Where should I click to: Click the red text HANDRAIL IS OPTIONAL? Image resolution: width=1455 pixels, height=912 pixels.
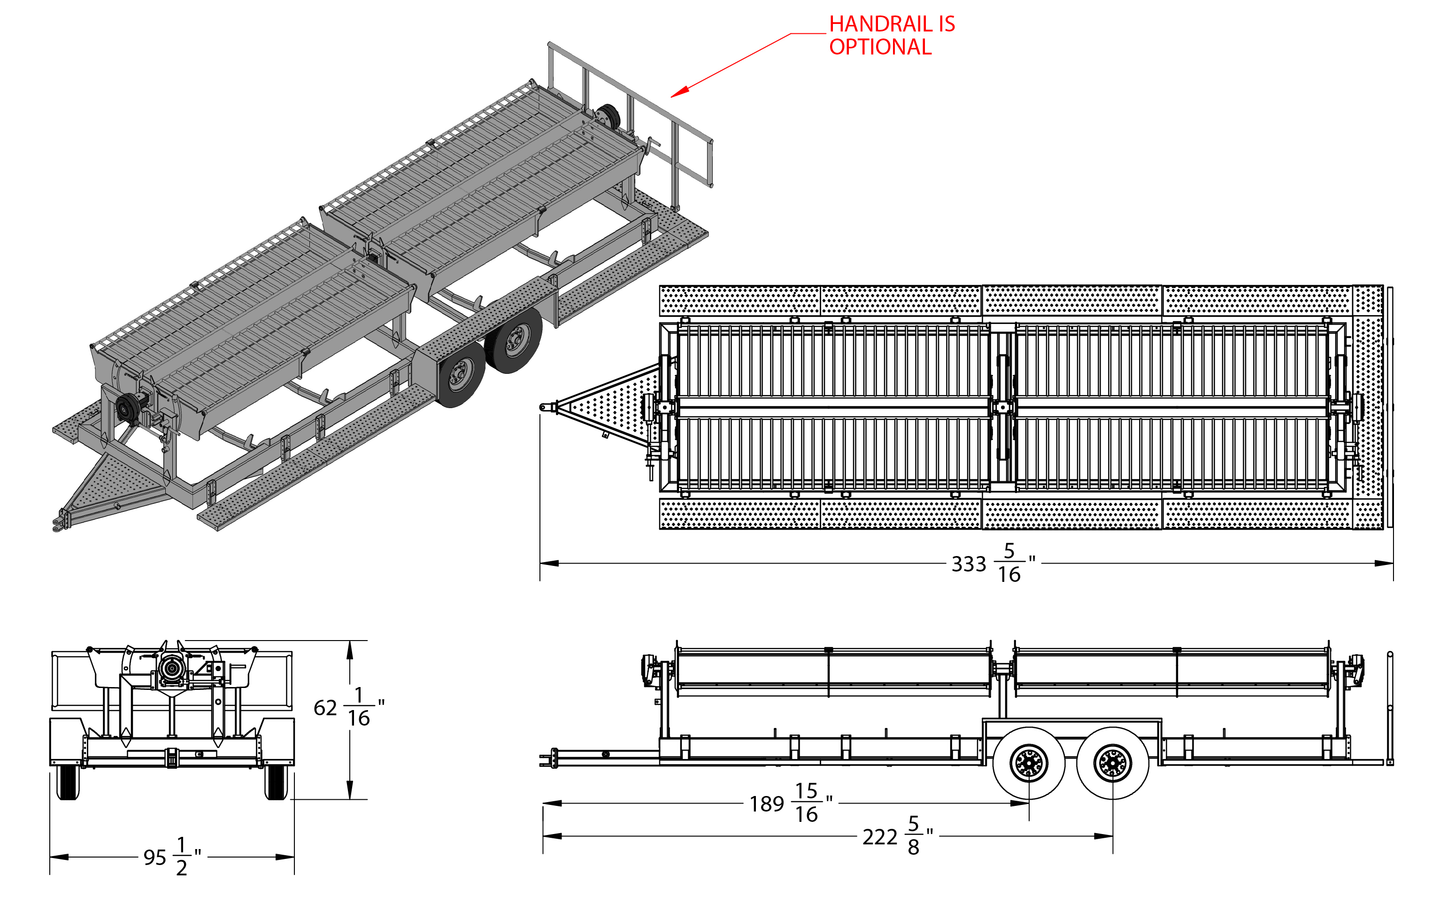pyautogui.click(x=892, y=35)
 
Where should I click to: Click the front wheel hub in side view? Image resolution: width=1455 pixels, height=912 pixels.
pyautogui.click(x=1029, y=764)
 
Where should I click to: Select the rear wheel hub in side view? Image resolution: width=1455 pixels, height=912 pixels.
pyautogui.click(x=1113, y=764)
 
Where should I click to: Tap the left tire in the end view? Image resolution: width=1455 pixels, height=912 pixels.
pyautogui.click(x=68, y=782)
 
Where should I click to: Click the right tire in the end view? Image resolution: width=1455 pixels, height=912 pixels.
pyautogui.click(x=276, y=782)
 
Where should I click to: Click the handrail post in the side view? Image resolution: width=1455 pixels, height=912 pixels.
pyautogui.click(x=1390, y=708)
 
